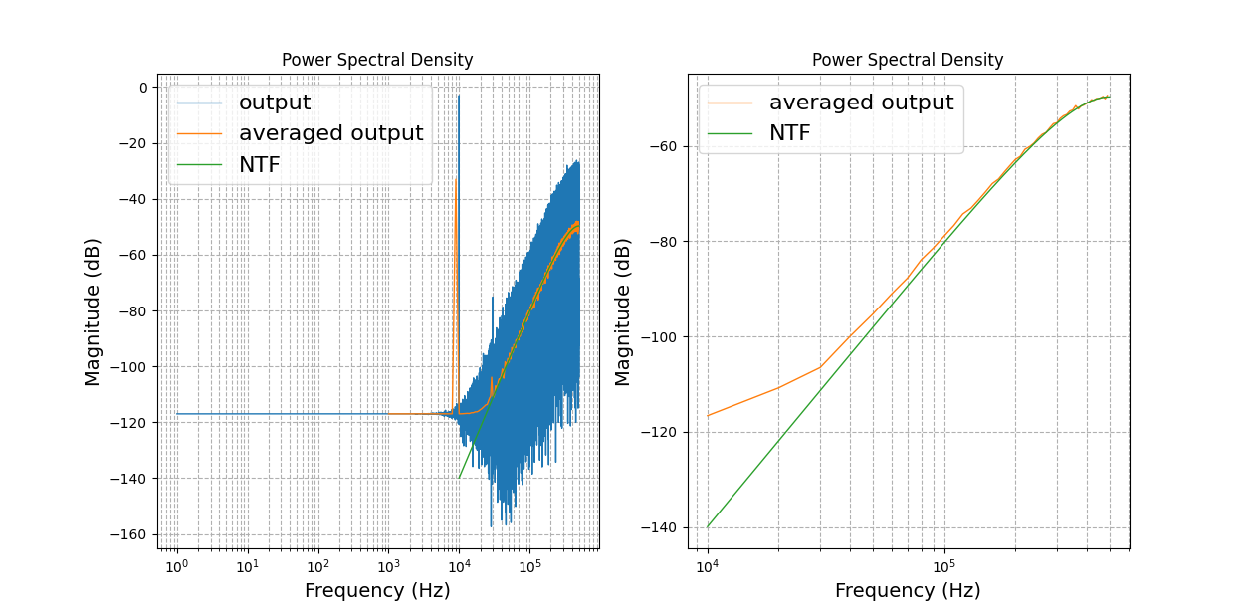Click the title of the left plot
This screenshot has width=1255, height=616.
[377, 60]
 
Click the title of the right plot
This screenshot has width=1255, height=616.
[908, 60]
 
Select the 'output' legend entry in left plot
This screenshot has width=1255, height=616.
[274, 103]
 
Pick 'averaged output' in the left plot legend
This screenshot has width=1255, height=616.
[330, 133]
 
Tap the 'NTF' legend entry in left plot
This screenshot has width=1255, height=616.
[259, 164]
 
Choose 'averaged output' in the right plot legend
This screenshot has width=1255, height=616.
[861, 103]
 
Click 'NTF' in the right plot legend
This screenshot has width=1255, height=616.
[789, 133]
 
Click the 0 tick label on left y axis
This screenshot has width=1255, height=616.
[142, 88]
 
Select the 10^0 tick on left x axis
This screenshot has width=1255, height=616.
[177, 567]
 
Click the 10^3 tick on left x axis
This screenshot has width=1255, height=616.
[388, 567]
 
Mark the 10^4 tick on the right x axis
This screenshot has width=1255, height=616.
[708, 567]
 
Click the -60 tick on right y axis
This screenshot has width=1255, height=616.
[664, 146]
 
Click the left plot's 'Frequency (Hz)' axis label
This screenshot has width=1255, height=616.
[377, 590]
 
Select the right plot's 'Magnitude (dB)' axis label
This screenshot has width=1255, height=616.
[623, 310]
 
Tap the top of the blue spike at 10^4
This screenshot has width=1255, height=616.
[459, 96]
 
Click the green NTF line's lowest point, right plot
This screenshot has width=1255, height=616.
[708, 527]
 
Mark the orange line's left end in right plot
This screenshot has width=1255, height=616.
[708, 416]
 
